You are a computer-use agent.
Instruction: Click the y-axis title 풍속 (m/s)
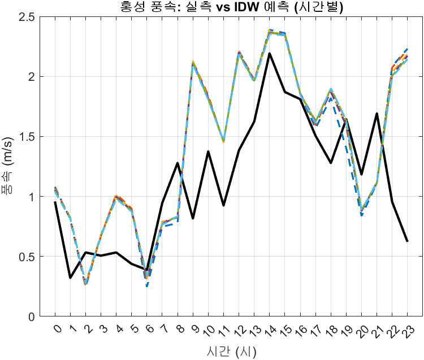click(x=12, y=167)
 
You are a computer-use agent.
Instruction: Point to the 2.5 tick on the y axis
click(x=41, y=17)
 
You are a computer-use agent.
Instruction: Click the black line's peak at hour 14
click(x=270, y=54)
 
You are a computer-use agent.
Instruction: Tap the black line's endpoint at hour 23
click(x=407, y=241)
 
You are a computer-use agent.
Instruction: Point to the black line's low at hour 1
click(x=71, y=277)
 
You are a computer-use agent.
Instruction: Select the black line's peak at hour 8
click(x=178, y=163)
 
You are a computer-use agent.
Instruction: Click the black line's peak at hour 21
click(x=377, y=114)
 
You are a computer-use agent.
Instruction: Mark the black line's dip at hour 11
click(x=223, y=205)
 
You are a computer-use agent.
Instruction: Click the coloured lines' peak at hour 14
click(x=270, y=32)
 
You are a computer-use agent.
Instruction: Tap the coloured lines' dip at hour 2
click(x=86, y=284)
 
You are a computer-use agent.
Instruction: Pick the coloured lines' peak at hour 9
click(x=193, y=63)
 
